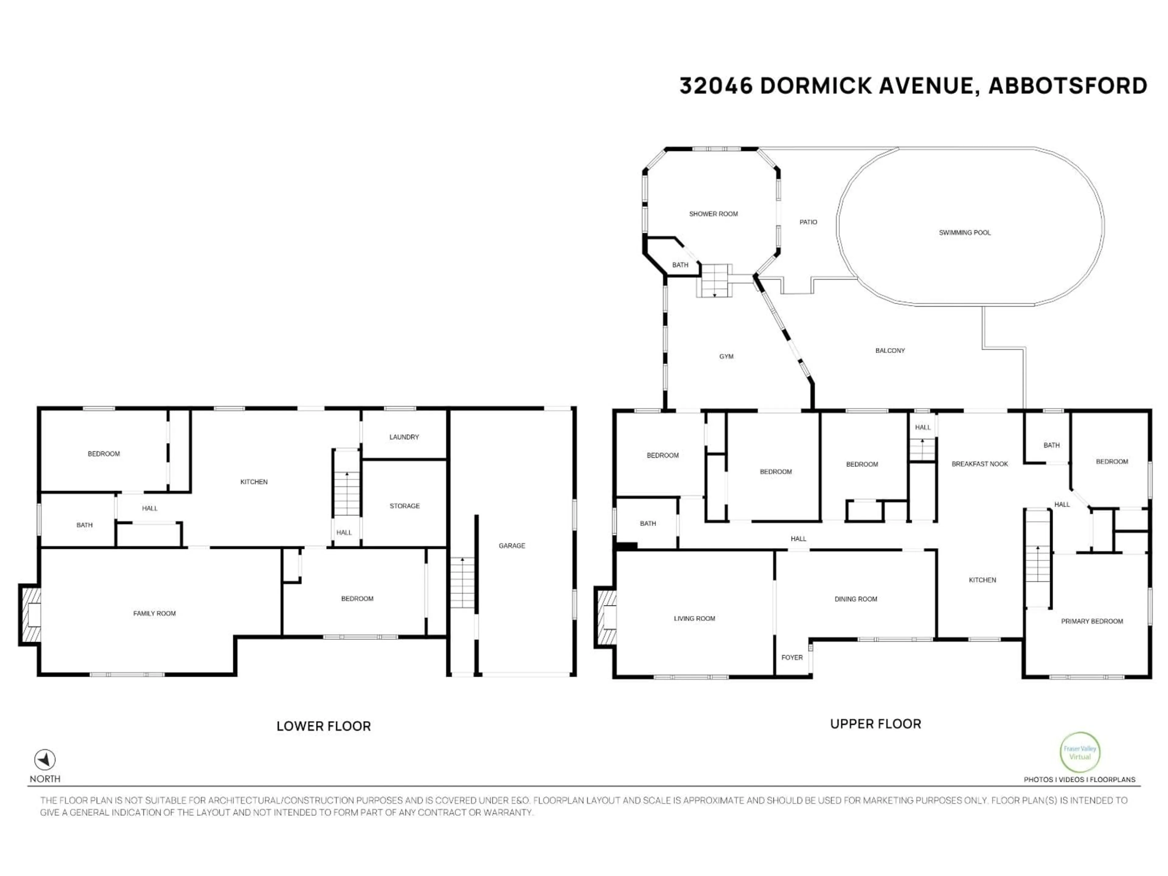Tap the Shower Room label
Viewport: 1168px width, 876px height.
(x=713, y=214)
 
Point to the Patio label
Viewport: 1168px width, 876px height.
(x=808, y=222)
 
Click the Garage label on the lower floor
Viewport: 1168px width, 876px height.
(x=512, y=545)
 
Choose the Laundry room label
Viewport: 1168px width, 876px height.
(x=404, y=437)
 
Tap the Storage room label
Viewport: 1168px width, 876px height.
(x=405, y=506)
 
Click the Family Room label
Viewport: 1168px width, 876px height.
(x=154, y=613)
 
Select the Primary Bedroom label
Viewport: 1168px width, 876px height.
(x=1091, y=621)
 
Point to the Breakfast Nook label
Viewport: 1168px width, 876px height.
(x=979, y=464)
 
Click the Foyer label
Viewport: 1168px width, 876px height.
(x=791, y=657)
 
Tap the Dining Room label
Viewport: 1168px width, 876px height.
(x=855, y=599)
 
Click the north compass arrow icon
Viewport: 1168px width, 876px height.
(x=45, y=760)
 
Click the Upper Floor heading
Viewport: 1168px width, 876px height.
(x=875, y=724)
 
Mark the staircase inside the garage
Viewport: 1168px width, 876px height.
(x=462, y=582)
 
